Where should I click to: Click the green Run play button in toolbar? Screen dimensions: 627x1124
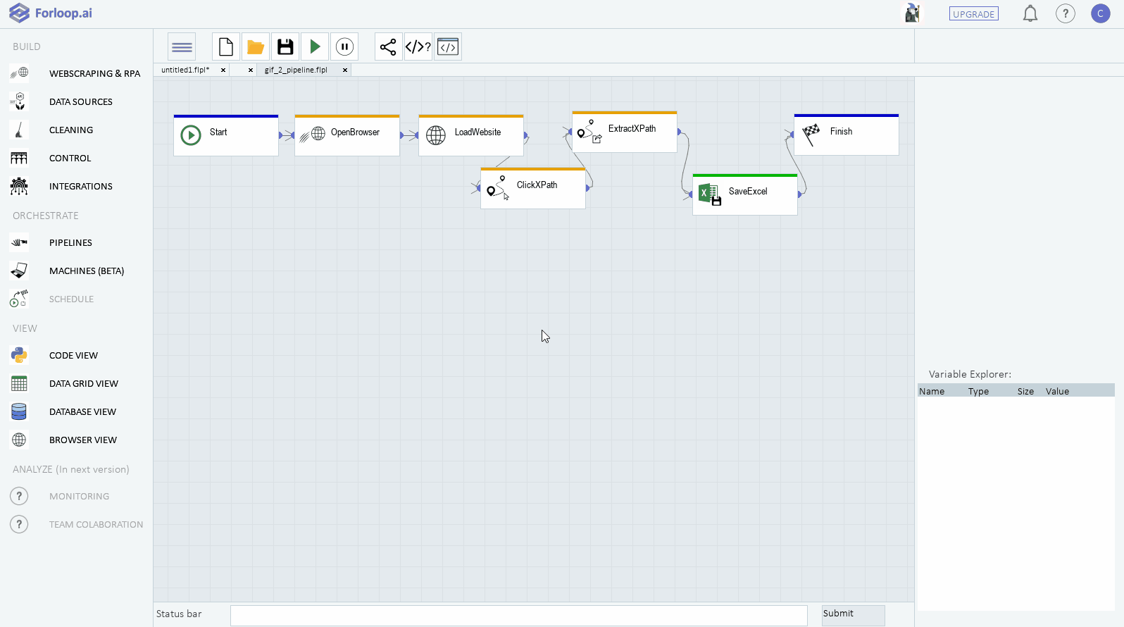pos(315,46)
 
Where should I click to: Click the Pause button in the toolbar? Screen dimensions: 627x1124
pos(344,46)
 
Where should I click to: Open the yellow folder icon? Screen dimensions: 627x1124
pos(256,46)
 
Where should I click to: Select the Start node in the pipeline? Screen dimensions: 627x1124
pos(226,135)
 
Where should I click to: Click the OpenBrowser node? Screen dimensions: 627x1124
pos(347,135)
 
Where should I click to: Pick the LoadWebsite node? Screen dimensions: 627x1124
pos(471,135)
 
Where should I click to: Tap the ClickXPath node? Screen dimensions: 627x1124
pos(533,188)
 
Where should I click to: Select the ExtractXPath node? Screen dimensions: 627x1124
pos(625,132)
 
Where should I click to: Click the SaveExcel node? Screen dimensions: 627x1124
pos(745,194)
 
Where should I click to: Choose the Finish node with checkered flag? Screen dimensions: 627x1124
pos(847,135)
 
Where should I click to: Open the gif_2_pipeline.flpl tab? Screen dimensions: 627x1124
pos(296,70)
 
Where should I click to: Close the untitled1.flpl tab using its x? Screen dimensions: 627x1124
pos(223,70)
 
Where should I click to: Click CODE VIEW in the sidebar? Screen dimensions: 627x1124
pos(73,356)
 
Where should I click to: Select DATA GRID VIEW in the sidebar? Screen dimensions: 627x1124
pos(83,384)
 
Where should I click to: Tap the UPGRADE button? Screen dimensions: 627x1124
pos(973,14)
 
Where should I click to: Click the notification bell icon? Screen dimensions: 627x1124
pos(1030,13)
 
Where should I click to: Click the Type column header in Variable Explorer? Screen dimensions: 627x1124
pos(978,392)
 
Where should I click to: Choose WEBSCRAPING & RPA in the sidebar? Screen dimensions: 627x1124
pos(94,74)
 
